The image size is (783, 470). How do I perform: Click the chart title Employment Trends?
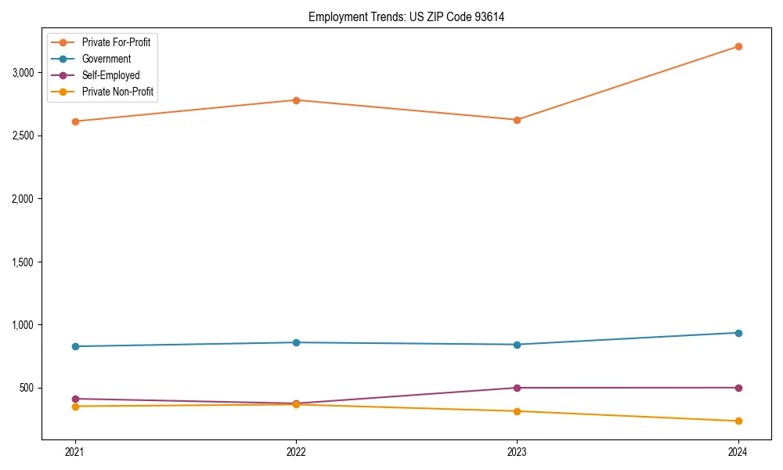406,16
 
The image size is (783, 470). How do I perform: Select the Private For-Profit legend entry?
116,42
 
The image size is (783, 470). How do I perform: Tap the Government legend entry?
106,59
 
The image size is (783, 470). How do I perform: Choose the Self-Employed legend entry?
110,75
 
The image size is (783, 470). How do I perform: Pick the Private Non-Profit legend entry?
117,92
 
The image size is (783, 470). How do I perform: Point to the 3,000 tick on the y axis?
23,73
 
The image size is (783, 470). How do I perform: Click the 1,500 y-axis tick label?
23,262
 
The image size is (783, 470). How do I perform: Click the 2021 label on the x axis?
75,452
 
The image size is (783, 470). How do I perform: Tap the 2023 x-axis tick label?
517,452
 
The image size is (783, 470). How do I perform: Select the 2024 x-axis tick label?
738,452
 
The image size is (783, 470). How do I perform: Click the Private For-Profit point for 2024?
738,46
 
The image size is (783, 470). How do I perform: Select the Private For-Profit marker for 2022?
296,100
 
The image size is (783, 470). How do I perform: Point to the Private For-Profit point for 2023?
517,120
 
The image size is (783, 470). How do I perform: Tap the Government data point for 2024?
738,333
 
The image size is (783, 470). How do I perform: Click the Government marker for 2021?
75,346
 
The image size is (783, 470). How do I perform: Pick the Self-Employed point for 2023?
517,388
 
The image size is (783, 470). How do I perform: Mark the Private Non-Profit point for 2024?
738,421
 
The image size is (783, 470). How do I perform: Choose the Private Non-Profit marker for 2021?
75,406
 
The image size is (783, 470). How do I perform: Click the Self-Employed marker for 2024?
738,388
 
